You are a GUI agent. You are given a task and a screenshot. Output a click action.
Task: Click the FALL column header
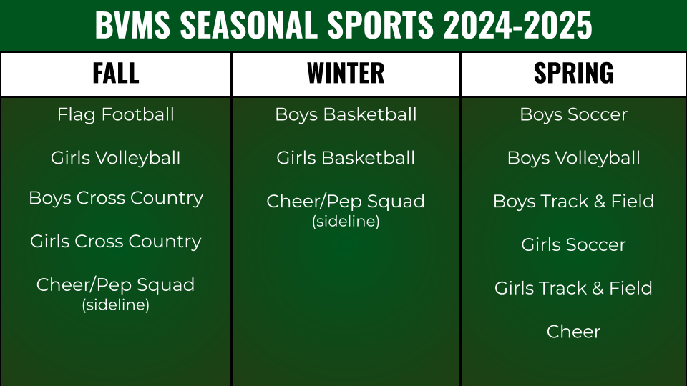tap(116, 73)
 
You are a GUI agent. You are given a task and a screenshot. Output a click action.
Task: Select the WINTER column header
tap(346, 73)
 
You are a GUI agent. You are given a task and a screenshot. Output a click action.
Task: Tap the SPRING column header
tap(573, 73)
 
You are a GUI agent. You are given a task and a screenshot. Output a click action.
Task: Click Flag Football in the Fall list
tap(116, 114)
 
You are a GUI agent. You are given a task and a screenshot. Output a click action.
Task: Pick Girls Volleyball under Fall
tap(116, 158)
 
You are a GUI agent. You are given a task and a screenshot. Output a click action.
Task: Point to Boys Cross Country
tap(116, 198)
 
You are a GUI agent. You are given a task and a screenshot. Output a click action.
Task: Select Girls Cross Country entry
tap(116, 242)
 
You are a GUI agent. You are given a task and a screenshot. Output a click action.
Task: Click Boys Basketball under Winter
tap(346, 114)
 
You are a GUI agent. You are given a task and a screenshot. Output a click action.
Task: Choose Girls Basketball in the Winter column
tap(346, 158)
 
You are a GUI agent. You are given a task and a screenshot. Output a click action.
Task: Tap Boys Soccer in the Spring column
tap(573, 114)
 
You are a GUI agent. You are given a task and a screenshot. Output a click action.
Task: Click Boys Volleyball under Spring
tap(573, 158)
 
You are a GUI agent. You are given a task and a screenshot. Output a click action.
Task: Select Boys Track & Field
tap(573, 202)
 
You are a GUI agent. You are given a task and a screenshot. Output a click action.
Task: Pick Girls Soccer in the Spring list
tap(573, 244)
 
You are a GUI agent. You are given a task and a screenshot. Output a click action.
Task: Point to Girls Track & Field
tap(573, 288)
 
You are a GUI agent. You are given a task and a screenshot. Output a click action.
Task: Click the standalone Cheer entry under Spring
tap(573, 332)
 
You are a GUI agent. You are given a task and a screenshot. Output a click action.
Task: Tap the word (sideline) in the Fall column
tap(116, 305)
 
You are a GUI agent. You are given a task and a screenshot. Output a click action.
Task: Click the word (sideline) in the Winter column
tap(346, 221)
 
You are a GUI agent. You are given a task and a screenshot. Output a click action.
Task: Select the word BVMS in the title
tap(132, 25)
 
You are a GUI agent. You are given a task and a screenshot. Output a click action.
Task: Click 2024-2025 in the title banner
tap(517, 25)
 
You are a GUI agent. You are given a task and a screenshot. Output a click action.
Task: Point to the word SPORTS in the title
tap(380, 25)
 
